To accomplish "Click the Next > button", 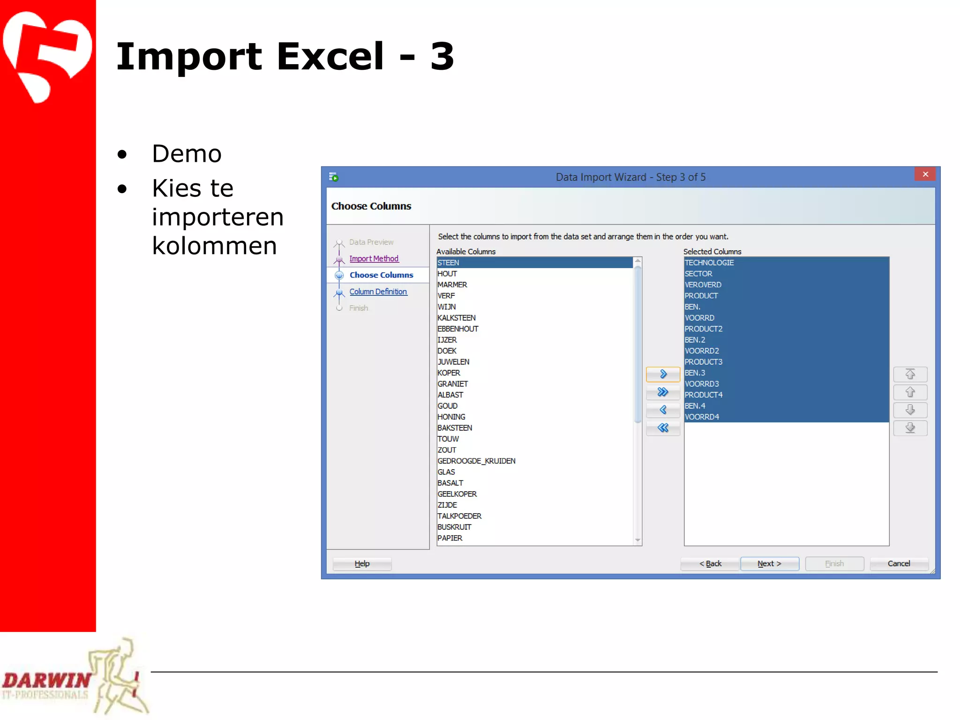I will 769,563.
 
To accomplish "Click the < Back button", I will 710,563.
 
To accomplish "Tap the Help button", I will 362,563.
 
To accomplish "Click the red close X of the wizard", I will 925,174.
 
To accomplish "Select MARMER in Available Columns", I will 452,285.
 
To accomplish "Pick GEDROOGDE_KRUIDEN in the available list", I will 476,461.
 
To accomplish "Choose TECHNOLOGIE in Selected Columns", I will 709,262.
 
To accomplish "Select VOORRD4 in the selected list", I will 702,417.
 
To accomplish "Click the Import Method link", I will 374,259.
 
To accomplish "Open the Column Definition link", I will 378,292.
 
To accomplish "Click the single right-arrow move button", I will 663,374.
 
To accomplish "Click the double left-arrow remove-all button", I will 663,427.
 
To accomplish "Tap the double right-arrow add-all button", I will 663,392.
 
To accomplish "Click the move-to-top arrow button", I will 910,374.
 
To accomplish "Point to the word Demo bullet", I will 187,154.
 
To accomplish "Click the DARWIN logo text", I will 47,680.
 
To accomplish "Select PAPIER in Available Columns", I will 450,538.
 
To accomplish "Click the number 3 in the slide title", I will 442,56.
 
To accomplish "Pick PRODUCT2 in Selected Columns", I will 704,329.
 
